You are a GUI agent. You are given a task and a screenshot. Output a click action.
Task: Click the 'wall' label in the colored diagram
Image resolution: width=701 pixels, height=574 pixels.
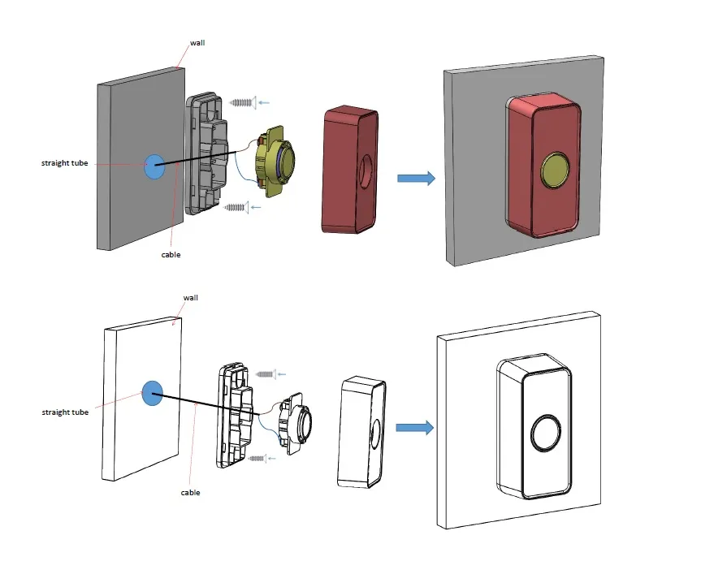(197, 42)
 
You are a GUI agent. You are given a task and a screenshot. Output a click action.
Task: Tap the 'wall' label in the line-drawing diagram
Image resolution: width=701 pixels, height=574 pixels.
(190, 298)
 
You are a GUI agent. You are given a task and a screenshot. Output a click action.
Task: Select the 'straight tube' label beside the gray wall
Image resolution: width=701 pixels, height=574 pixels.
(65, 163)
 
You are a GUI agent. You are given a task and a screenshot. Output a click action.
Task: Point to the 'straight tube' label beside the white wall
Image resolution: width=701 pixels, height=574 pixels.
(65, 412)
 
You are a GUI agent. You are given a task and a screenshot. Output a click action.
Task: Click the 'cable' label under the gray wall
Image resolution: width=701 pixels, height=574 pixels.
(171, 254)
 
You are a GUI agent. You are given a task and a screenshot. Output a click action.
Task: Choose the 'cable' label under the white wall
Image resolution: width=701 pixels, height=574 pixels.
(191, 492)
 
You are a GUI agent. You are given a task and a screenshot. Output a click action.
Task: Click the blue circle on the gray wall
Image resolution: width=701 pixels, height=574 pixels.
(154, 166)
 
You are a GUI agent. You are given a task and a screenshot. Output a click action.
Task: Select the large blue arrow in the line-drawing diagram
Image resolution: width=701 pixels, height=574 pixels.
(415, 428)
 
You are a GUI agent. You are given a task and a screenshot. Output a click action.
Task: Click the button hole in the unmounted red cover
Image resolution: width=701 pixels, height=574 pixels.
(364, 171)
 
